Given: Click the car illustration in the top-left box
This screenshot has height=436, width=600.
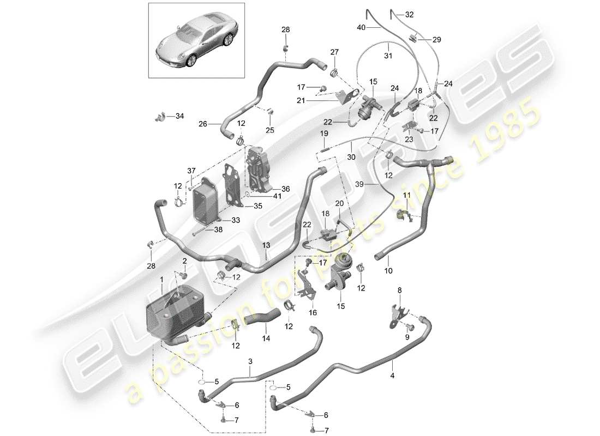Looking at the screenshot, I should click(x=194, y=44).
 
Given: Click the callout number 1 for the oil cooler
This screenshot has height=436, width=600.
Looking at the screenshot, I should click(x=162, y=279).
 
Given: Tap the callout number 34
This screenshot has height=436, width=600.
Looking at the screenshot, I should click(x=179, y=116).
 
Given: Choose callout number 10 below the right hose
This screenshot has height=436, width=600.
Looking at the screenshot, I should click(x=388, y=270).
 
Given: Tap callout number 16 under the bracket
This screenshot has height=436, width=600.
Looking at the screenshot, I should click(x=313, y=313).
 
